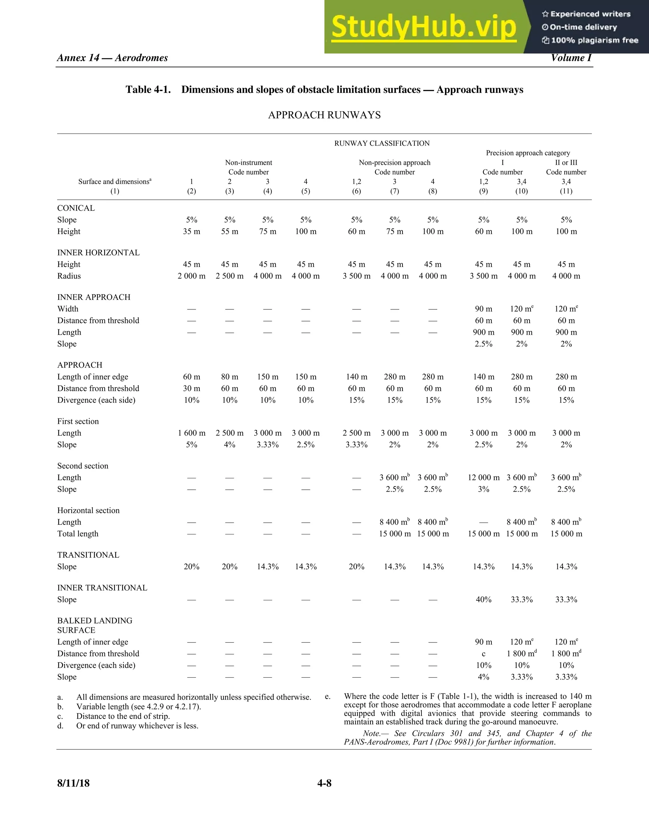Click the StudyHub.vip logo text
[423, 27]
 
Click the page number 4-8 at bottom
[324, 783]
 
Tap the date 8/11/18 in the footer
[74, 783]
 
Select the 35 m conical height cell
[191, 231]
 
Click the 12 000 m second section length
[483, 478]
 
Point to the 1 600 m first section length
[191, 433]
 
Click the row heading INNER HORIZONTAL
[99, 253]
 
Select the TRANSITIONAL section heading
[88, 555]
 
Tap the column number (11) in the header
[566, 191]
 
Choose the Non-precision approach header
[395, 163]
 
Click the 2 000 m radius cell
[191, 276]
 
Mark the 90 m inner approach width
[483, 309]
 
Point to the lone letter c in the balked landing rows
[483, 654]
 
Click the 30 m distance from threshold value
[191, 389]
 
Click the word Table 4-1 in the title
[148, 90]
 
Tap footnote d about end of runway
[137, 726]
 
